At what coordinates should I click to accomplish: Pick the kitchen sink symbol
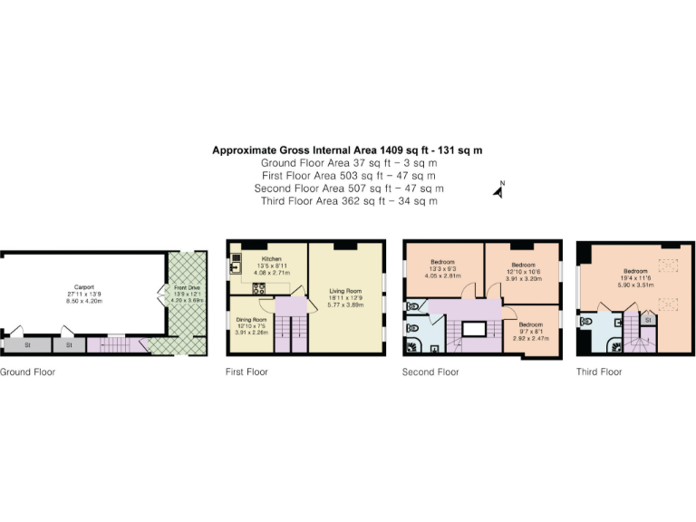point(236,261)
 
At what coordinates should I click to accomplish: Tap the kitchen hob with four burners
point(259,290)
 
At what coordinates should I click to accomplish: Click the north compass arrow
point(497,190)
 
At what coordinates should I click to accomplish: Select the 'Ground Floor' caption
point(26,372)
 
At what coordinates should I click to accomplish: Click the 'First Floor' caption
point(246,372)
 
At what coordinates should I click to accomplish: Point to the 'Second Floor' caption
point(430,372)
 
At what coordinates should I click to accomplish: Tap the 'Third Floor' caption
point(599,372)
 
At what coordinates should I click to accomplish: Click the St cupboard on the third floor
point(649,320)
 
